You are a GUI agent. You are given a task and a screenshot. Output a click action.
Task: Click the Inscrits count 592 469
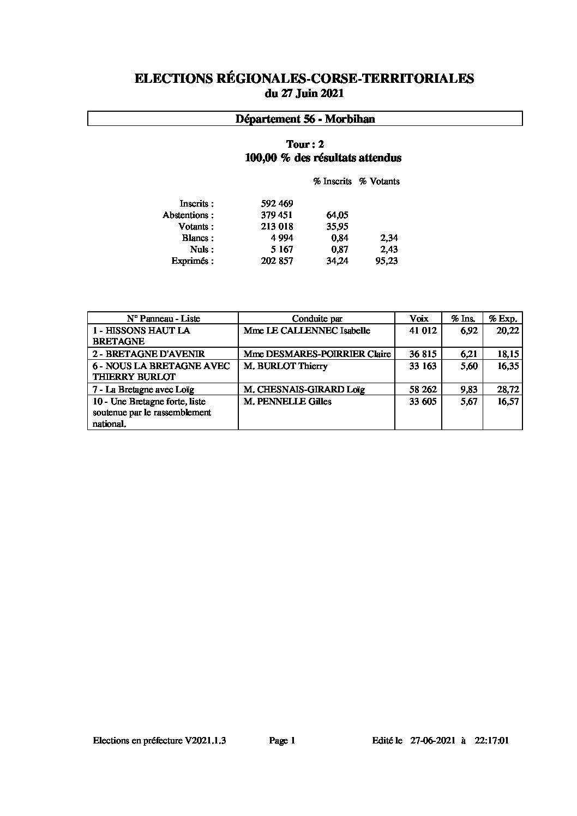point(277,204)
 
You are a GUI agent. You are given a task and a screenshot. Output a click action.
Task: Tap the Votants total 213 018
point(277,227)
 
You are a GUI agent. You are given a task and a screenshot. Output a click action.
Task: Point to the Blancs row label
point(197,238)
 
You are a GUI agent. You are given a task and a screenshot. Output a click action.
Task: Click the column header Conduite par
point(317,319)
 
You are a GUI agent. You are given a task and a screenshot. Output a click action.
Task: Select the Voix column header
point(419,319)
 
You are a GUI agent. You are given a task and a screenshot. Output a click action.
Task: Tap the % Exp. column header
point(502,319)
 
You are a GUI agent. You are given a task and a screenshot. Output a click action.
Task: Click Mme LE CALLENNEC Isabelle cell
point(307,330)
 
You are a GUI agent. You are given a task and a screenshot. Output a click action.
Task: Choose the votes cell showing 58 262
point(423,389)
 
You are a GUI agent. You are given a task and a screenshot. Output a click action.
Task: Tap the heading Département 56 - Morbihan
point(305,119)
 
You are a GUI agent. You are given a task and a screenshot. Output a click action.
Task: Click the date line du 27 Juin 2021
point(304,94)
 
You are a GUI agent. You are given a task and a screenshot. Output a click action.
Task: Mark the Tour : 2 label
point(305,144)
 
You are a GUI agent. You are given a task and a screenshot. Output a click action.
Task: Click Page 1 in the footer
point(282,740)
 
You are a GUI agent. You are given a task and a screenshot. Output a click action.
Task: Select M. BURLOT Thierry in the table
point(285,366)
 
